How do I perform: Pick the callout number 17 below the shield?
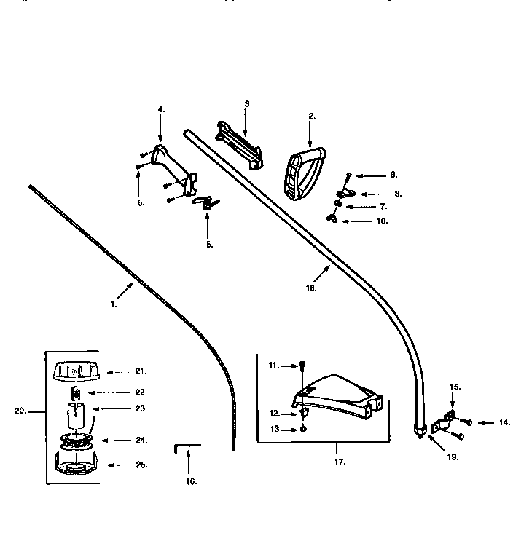(339, 462)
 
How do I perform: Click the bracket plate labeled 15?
(444, 421)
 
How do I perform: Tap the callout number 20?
(20, 410)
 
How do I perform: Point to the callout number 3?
(248, 104)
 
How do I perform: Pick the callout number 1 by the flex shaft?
(114, 305)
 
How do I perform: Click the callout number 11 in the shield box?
(273, 364)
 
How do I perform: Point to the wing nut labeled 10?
(334, 218)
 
